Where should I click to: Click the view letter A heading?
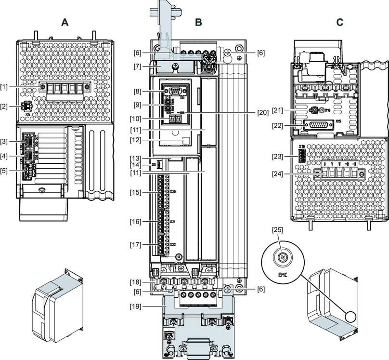[x=65, y=22]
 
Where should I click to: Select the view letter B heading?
[x=198, y=22]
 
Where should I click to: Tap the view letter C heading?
[x=340, y=22]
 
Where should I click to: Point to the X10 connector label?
[x=302, y=146]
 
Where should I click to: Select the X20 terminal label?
[x=173, y=192]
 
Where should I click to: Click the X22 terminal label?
[x=173, y=244]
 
